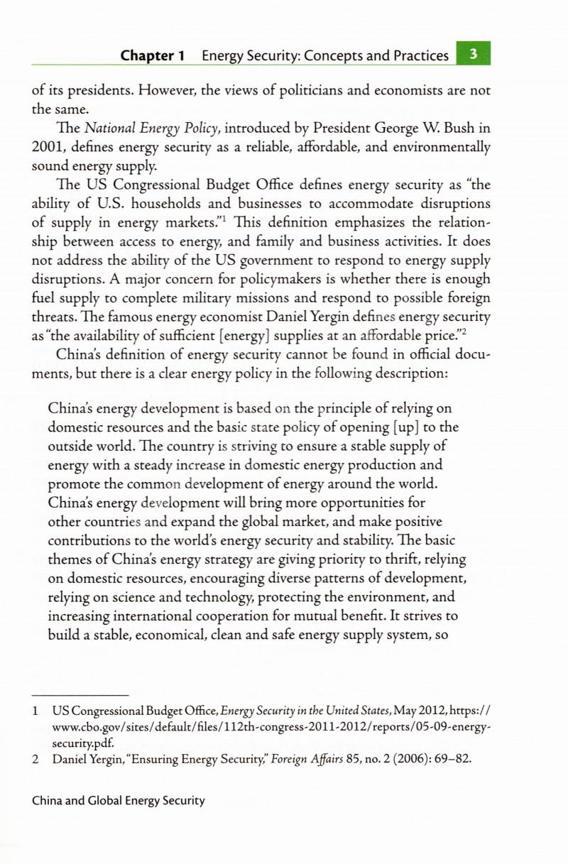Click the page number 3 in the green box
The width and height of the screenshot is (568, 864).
473,54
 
